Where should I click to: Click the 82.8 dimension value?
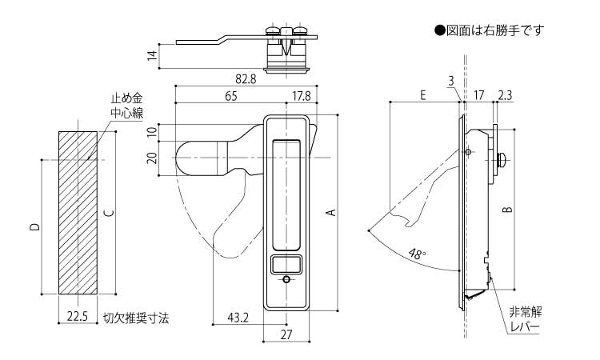click(246, 79)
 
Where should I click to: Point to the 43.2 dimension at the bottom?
click(238, 318)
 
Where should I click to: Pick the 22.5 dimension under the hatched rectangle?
click(78, 318)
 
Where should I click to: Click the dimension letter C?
click(108, 212)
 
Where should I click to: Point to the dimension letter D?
click(34, 228)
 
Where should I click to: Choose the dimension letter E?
click(422, 94)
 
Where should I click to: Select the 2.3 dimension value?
click(506, 94)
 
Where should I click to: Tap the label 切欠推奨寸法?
click(136, 318)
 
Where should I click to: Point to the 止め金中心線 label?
click(126, 106)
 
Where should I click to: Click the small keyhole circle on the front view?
click(287, 280)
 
